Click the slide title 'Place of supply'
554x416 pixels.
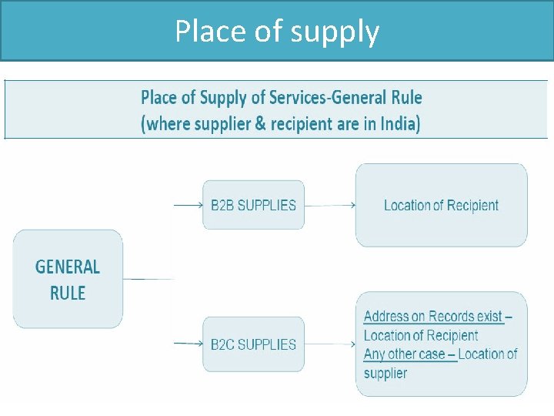[277, 32]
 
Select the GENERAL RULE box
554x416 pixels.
[68, 279]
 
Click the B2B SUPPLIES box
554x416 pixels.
[253, 205]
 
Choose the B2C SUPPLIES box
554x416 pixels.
[253, 344]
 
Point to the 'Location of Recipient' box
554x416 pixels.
[441, 205]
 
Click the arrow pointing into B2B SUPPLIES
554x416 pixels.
[188, 205]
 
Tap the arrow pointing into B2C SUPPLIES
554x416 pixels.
[188, 344]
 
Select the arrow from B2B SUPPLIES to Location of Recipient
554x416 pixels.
[329, 205]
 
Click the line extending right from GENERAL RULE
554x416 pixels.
[148, 279]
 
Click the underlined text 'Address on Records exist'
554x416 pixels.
[433, 317]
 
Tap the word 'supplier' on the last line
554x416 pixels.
[385, 374]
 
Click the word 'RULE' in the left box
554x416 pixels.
[68, 293]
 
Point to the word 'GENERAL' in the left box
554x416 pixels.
[68, 267]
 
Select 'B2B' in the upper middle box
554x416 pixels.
[222, 205]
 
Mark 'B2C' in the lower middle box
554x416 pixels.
[222, 344]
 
